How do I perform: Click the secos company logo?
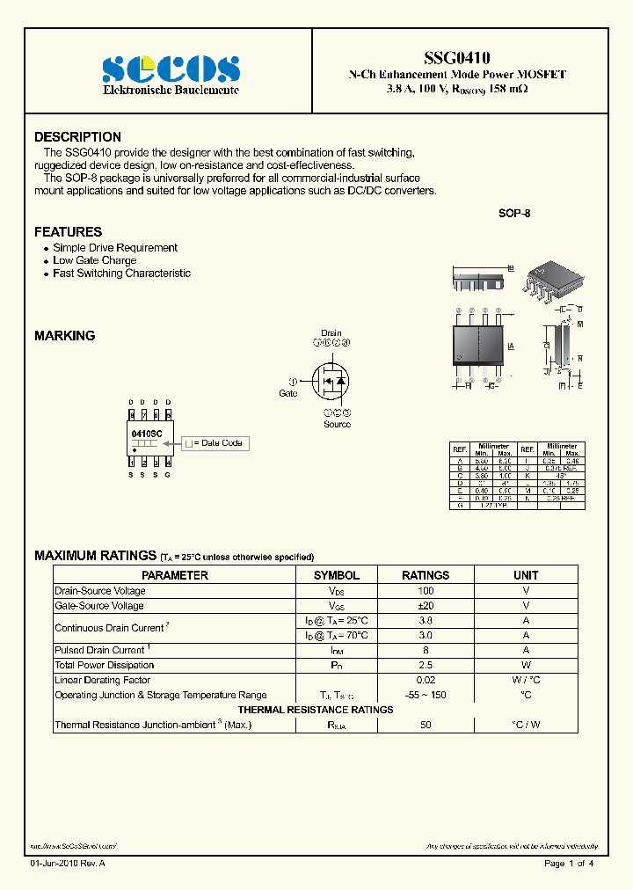(x=171, y=69)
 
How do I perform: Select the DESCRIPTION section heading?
(x=77, y=137)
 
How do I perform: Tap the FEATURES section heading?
(x=68, y=232)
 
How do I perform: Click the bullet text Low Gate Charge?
(x=94, y=260)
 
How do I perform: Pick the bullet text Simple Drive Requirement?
(x=115, y=248)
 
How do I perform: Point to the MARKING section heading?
(x=64, y=336)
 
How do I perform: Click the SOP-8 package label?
(x=514, y=214)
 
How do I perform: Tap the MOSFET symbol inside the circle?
(x=331, y=382)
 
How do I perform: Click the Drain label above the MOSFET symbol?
(x=331, y=333)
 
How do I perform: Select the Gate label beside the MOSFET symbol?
(x=288, y=393)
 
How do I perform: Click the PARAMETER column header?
(x=175, y=575)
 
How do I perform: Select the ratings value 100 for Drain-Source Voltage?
(x=426, y=591)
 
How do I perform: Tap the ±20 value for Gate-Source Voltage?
(x=426, y=606)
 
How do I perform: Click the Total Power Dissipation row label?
(x=104, y=665)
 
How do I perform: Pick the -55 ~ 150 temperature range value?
(x=426, y=695)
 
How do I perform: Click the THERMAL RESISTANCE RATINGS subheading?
(x=316, y=710)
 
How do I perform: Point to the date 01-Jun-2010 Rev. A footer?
(x=68, y=864)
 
